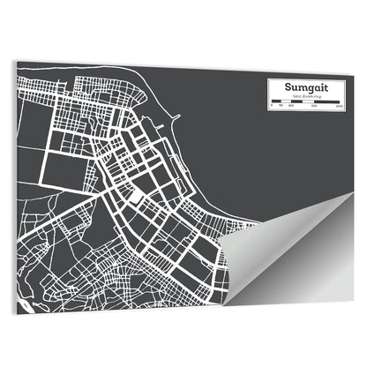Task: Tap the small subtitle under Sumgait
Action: point(305,97)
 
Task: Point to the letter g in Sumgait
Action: point(308,90)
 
